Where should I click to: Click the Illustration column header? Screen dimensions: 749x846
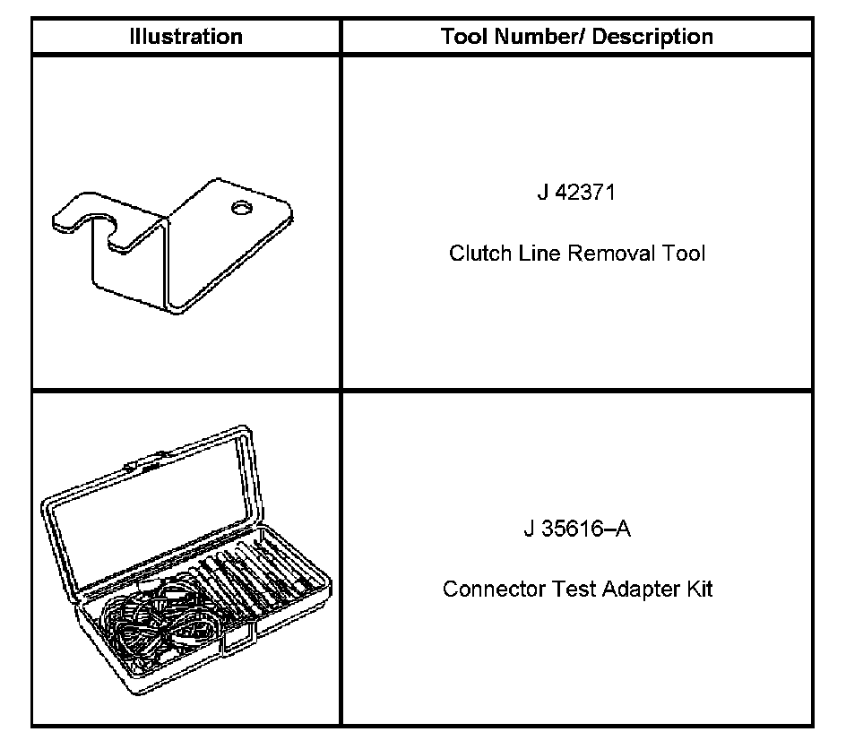click(x=186, y=37)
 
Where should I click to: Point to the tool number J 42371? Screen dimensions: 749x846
click(x=576, y=193)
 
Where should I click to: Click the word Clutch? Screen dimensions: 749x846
click(x=476, y=254)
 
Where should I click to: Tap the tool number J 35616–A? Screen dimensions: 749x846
click(x=577, y=529)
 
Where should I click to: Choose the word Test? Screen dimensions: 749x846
click(x=560, y=590)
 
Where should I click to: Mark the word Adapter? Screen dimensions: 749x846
click(x=628, y=590)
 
